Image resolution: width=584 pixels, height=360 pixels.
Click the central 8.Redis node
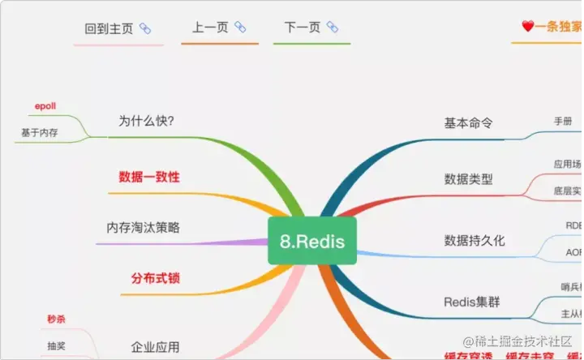pyautogui.click(x=312, y=242)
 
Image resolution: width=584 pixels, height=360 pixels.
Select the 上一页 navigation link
pyautogui.click(x=209, y=28)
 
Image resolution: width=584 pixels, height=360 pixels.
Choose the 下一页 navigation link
pyautogui.click(x=302, y=28)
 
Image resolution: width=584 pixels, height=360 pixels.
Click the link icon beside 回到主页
pyautogui.click(x=145, y=28)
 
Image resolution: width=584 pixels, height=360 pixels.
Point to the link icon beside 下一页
pyautogui.click(x=332, y=28)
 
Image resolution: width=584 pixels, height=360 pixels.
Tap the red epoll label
pyautogui.click(x=45, y=106)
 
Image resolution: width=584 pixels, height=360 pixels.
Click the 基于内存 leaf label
pyautogui.click(x=39, y=132)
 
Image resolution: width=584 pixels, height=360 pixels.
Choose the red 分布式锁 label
pyautogui.click(x=155, y=278)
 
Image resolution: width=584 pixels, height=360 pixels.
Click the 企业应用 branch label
pyautogui.click(x=155, y=348)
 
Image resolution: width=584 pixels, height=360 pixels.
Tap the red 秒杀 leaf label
pyautogui.click(x=56, y=319)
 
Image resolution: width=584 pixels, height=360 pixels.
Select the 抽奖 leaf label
pyautogui.click(x=56, y=346)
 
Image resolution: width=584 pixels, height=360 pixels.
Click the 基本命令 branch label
pyautogui.click(x=469, y=123)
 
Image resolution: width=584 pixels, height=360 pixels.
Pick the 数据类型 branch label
pyautogui.click(x=469, y=179)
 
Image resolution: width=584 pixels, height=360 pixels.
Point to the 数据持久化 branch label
pyautogui.click(x=474, y=240)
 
